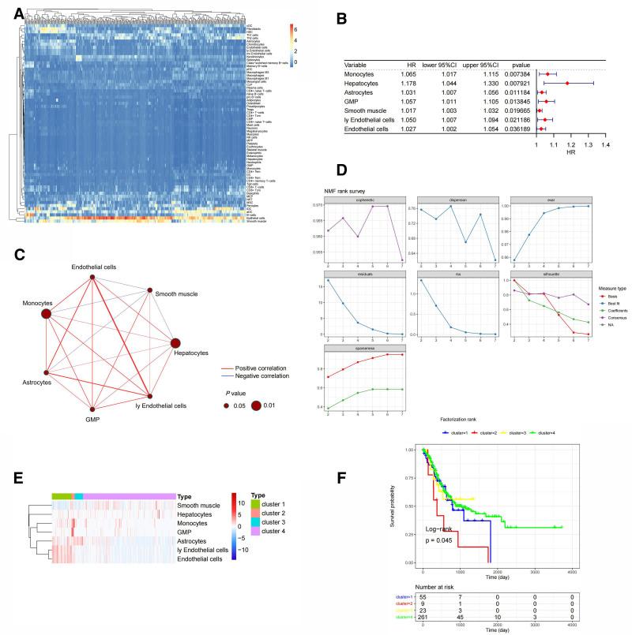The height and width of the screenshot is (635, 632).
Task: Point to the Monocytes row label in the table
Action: coord(360,73)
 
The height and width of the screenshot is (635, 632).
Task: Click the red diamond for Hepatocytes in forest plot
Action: coord(567,83)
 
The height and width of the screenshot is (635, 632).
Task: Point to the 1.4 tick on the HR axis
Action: coord(605,145)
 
